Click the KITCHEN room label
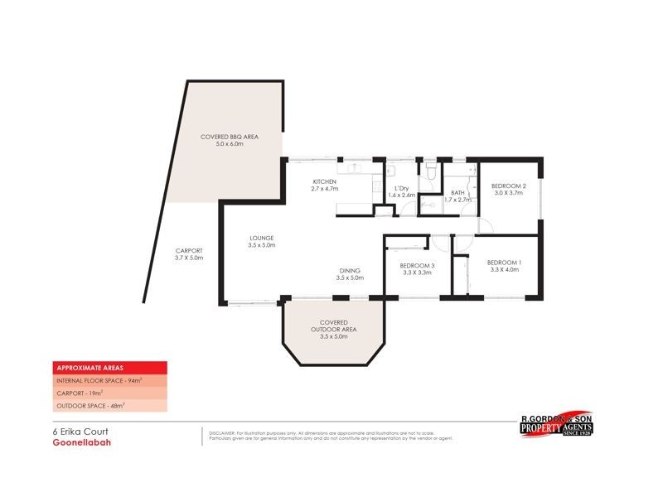tap(323, 181)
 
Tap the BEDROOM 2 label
tap(509, 186)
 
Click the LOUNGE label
tap(262, 239)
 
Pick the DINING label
tap(350, 271)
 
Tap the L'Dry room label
tap(401, 188)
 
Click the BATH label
tap(457, 192)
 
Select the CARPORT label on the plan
tap(189, 250)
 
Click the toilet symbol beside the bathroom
tap(429, 171)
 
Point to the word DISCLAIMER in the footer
tap(222, 433)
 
